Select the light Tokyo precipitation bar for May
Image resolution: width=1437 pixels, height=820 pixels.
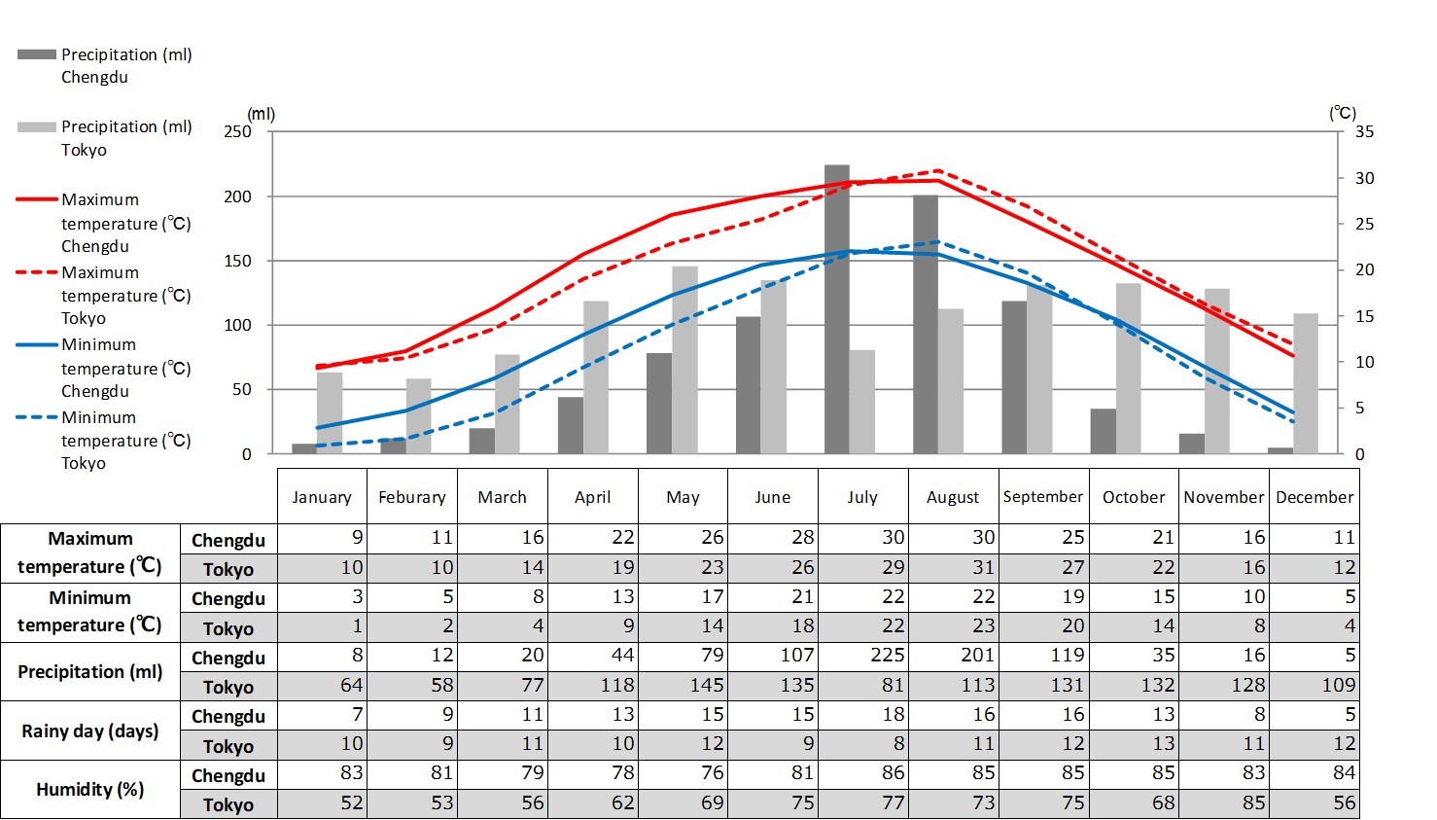pos(684,360)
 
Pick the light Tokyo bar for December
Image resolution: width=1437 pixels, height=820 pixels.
pos(1306,383)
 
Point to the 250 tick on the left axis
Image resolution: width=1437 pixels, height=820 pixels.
pos(237,131)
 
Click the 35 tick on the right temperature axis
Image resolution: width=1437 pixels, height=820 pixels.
pos(1365,131)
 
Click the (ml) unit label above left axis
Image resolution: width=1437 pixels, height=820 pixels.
pos(261,114)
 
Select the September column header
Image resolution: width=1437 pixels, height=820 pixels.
pos(1043,497)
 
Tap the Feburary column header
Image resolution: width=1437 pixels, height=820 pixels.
pos(411,497)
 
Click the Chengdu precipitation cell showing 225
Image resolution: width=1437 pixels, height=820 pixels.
pos(863,656)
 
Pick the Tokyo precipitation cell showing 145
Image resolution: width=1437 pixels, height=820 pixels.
pos(683,685)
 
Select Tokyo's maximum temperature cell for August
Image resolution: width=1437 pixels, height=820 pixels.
pos(954,567)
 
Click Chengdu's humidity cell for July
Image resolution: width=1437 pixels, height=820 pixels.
pos(863,773)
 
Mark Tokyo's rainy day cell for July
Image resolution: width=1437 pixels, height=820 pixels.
pos(863,744)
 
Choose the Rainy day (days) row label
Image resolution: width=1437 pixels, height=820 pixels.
pos(89,731)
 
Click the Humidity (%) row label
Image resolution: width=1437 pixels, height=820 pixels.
pos(89,789)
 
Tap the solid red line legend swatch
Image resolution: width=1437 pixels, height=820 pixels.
pos(37,199)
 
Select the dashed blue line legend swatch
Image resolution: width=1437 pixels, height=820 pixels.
pos(37,417)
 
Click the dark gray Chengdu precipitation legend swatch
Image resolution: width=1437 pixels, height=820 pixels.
pos(37,54)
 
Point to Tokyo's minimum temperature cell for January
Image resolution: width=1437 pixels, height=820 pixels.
pos(323,626)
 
